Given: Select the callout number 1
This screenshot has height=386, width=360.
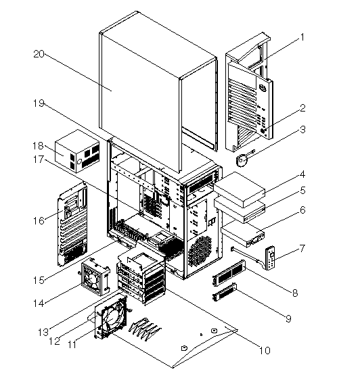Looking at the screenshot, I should tap(303, 38).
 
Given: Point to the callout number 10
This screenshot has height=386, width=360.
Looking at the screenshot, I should tap(265, 350).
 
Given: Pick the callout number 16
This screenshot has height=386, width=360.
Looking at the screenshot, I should tap(37, 220).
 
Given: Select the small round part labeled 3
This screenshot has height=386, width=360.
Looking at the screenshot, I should tap(244, 161).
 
